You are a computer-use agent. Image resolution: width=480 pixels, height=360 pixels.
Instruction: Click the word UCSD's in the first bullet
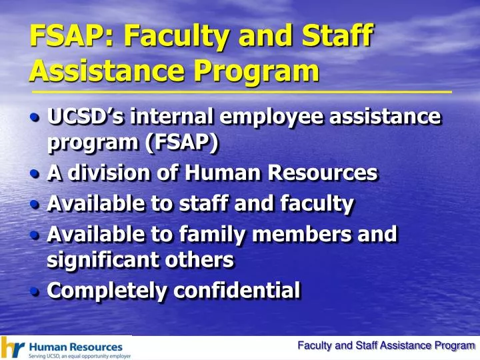point(85,117)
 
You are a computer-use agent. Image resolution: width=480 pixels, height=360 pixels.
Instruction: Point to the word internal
point(172,117)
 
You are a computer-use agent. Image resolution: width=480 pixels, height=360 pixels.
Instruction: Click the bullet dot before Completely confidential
point(35,291)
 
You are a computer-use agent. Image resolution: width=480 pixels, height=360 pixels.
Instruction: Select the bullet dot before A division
point(35,173)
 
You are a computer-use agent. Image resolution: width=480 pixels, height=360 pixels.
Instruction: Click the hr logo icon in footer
point(13,347)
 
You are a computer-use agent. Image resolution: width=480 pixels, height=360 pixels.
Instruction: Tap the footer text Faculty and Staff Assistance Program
point(385,345)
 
